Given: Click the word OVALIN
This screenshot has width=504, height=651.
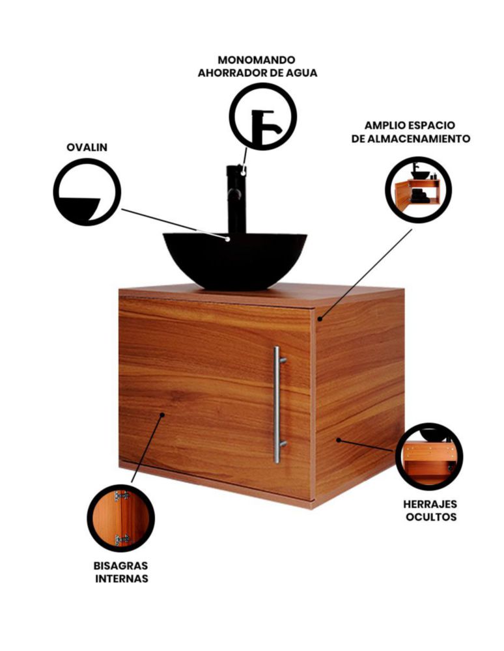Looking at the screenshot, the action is tap(87, 147).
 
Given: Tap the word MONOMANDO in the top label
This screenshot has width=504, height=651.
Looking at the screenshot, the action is tap(257, 60).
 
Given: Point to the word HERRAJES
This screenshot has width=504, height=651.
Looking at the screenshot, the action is tap(430, 504).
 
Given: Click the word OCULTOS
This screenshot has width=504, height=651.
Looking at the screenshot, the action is tap(431, 517).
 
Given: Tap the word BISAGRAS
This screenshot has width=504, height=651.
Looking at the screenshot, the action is tap(120, 566).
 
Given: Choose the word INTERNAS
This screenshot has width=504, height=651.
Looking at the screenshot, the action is tap(122, 578).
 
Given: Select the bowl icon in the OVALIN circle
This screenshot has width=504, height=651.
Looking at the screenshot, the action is tap(79, 208).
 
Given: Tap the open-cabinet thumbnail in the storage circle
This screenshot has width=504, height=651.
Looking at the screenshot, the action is tap(418, 190).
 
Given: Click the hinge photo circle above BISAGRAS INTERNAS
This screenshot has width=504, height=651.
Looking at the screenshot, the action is tap(121, 518).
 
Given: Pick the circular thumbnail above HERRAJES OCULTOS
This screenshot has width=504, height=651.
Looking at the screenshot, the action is tap(429, 457).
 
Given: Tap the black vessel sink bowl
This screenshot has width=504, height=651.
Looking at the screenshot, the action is tap(234, 260).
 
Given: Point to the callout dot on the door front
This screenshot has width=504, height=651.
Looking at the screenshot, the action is tap(162, 414).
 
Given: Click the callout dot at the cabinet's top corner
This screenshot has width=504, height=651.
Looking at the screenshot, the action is tap(320, 319).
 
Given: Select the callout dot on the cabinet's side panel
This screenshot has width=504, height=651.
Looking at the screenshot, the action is tap(339, 439).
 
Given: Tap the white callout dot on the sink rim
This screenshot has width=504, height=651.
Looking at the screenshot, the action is tap(227, 239).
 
